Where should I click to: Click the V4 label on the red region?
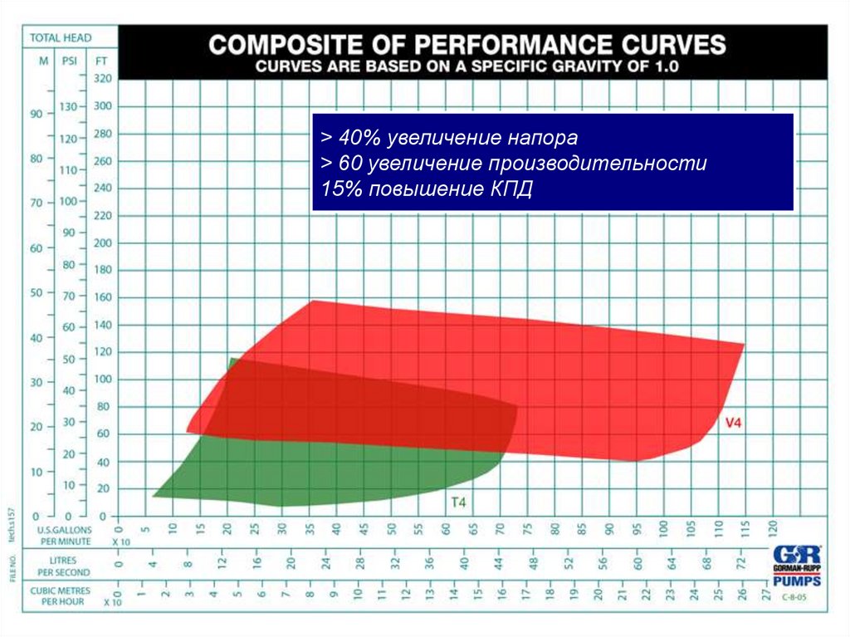(x=733, y=423)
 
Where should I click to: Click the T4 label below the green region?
(x=459, y=502)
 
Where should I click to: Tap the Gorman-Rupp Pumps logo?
(x=796, y=566)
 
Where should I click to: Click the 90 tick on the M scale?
(x=37, y=115)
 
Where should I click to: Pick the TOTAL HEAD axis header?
(x=61, y=37)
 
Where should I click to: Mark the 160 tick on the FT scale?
(x=102, y=297)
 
